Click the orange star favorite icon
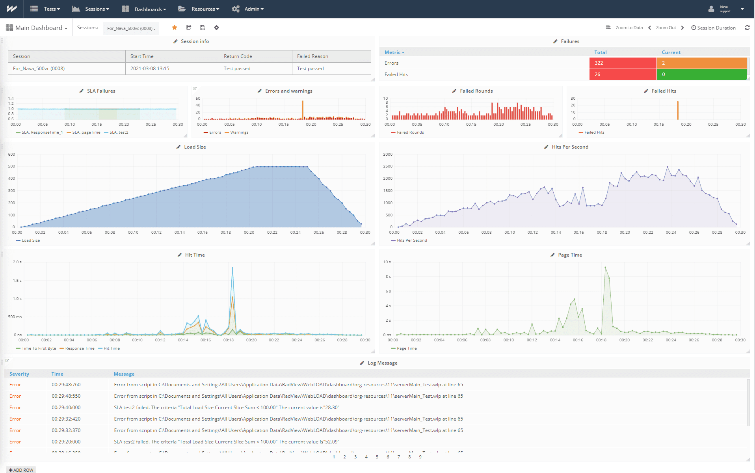(175, 28)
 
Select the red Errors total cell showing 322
(622, 63)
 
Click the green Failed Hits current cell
(701, 74)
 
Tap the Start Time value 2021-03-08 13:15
(150, 69)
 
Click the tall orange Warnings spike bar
(303, 109)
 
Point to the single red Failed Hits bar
(678, 110)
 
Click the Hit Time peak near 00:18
(232, 268)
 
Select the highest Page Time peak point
(605, 267)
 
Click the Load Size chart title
(195, 147)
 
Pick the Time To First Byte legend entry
(39, 348)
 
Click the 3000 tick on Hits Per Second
(388, 155)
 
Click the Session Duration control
(714, 28)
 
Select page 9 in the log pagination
(420, 457)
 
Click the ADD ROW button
(21, 470)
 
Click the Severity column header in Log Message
(19, 374)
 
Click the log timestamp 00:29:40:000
(66, 408)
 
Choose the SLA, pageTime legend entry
(86, 132)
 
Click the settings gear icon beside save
(216, 28)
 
